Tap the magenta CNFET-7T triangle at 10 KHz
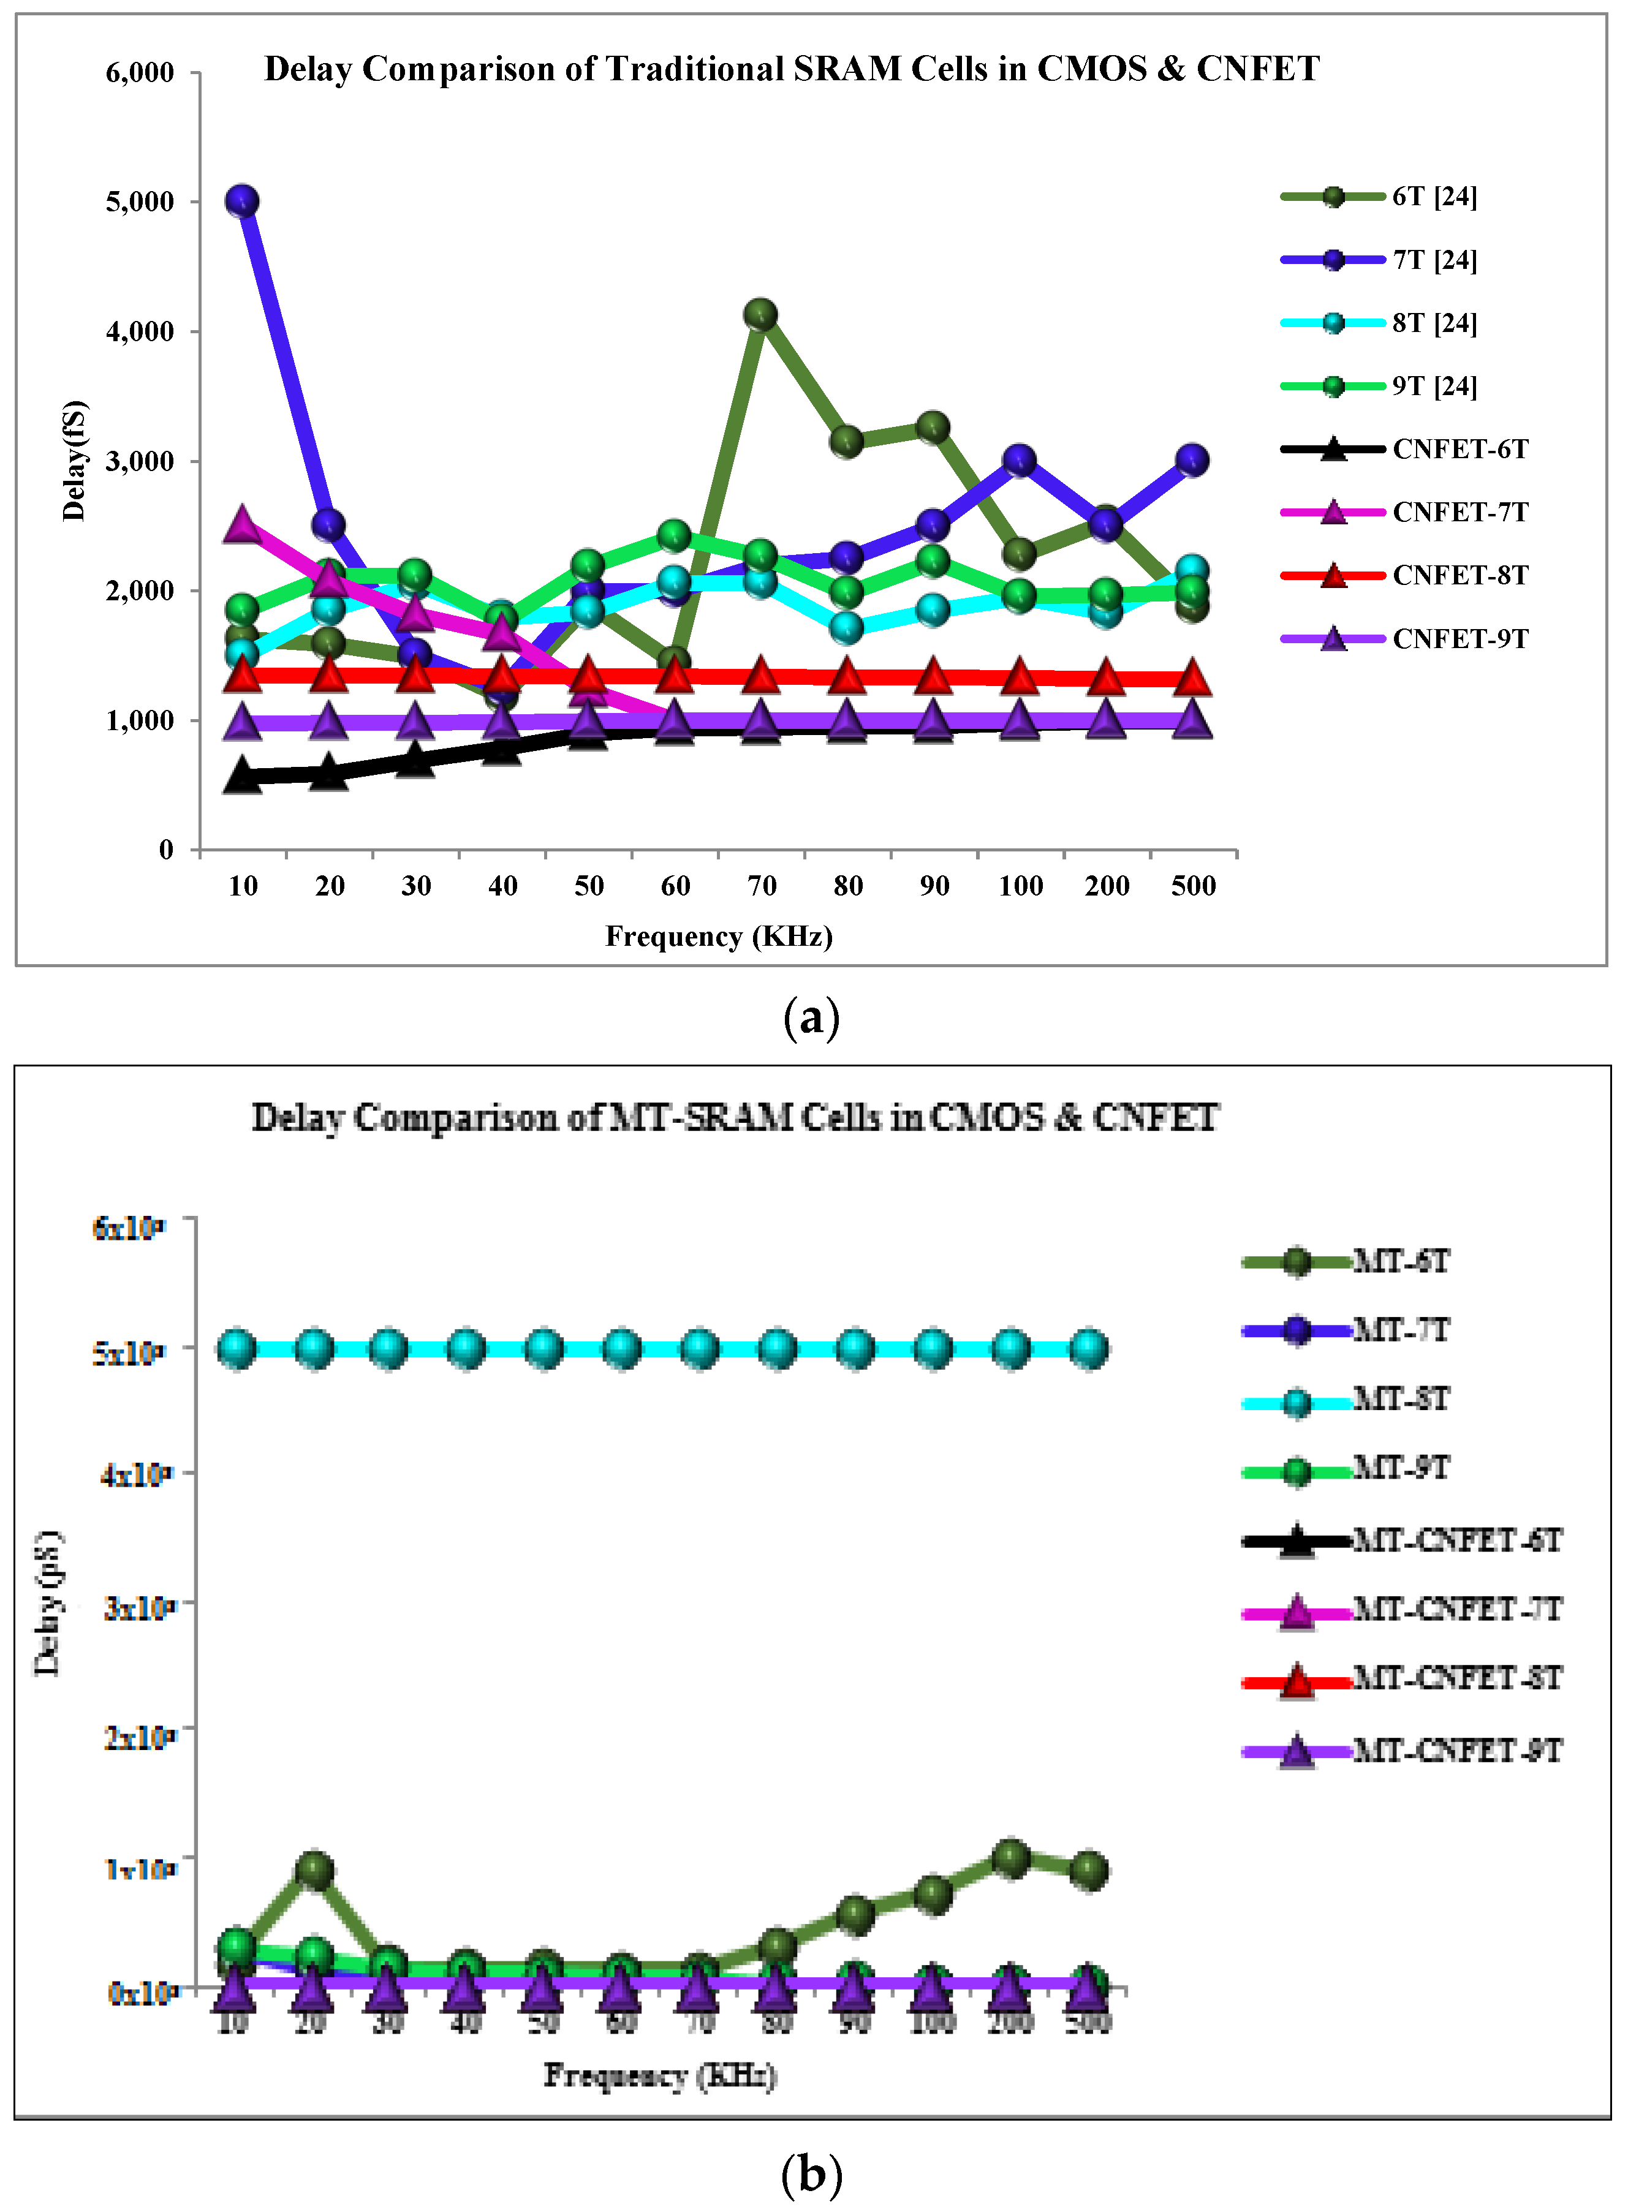(243, 524)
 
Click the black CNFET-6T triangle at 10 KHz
(243, 776)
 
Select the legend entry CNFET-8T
(1460, 575)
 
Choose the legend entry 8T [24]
(1434, 323)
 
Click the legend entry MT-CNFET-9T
(1456, 1750)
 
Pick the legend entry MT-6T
(1400, 1261)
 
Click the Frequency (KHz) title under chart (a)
(718, 936)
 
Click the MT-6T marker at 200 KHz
(1011, 1858)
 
